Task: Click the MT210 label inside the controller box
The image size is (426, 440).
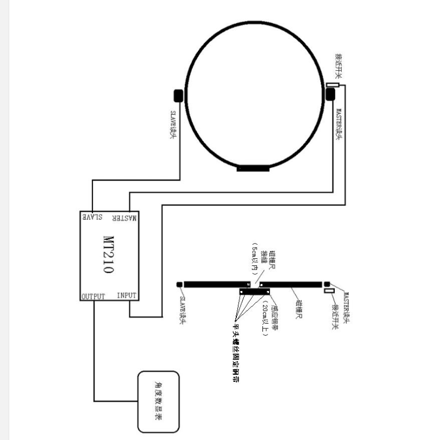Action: pos(108,255)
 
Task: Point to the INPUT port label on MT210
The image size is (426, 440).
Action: pos(127,295)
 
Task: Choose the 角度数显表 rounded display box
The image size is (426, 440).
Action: pos(158,401)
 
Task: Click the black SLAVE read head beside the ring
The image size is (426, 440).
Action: pos(179,95)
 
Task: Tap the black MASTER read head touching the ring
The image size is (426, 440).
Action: pos(330,95)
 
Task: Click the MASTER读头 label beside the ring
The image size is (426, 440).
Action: pos(339,124)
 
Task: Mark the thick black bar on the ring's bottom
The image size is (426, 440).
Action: pos(253,169)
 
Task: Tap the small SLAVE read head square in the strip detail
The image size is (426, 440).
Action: pos(179,284)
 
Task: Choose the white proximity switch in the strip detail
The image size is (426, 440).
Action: pos(329,292)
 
